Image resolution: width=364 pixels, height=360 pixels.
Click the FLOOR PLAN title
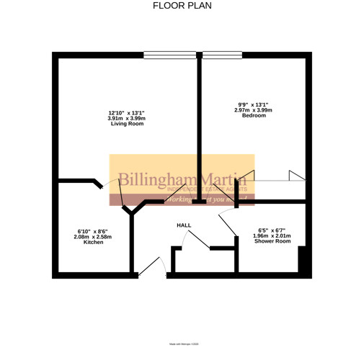pos(182,6)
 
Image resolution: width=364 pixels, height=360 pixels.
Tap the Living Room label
pos(126,125)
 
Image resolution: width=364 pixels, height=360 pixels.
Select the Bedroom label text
pos(254,115)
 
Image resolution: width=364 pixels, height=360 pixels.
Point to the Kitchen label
pos(94,243)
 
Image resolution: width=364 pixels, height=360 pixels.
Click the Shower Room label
pos(273,241)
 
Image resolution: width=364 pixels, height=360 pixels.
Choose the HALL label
pos(184,226)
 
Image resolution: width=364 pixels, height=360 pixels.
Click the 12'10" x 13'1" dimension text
pos(126,113)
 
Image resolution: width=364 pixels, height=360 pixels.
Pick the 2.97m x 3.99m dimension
pos(254,109)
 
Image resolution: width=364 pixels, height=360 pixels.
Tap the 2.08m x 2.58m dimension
pos(94,237)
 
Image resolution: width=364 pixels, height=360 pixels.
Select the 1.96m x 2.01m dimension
pos(273,235)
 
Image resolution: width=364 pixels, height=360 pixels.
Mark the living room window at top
pos(169,55)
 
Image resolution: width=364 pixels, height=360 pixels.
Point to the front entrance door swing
pos(153,267)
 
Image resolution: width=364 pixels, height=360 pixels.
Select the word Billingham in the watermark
pos(153,180)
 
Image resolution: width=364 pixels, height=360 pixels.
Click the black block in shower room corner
pos(303,261)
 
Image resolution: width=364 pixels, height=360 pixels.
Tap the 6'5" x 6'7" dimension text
pos(273,230)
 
